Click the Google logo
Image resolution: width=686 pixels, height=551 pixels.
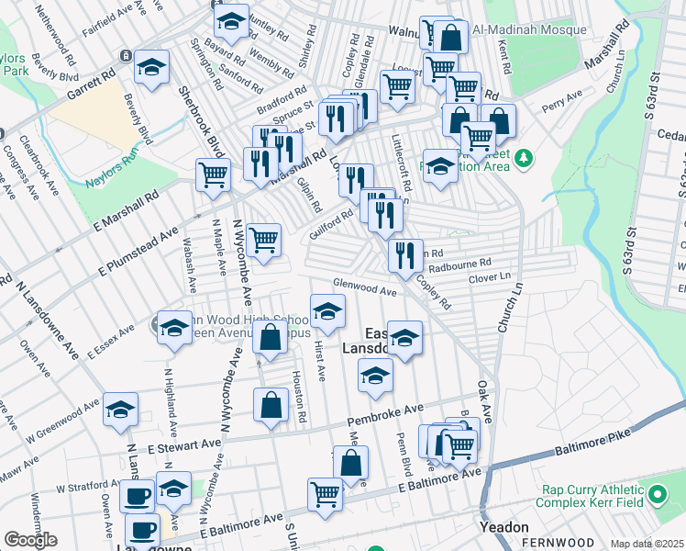tap(30, 540)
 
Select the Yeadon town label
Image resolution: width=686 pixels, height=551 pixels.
tap(504, 527)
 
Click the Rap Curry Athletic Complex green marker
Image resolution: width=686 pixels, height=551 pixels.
tap(657, 496)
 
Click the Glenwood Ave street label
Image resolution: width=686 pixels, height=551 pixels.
tap(364, 287)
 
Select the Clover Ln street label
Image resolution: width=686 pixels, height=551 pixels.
tap(488, 276)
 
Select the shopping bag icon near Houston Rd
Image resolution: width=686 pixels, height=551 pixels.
tap(271, 405)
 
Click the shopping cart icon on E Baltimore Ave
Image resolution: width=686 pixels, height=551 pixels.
tap(326, 494)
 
